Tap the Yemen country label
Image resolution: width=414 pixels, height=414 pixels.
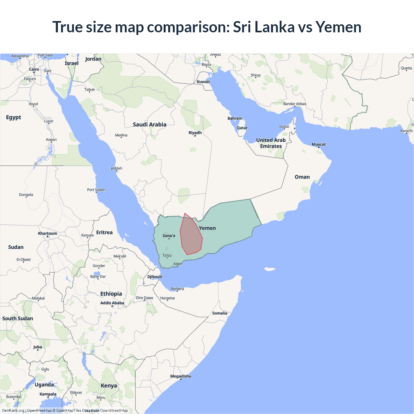point(207,228)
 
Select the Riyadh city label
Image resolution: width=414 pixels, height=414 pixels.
point(195,133)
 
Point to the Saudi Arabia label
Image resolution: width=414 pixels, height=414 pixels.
point(149,125)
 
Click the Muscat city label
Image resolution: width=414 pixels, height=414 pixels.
point(319,144)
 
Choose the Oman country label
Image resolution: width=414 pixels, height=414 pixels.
point(302,177)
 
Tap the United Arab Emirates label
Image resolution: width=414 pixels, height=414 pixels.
point(271,143)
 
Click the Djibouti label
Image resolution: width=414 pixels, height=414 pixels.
point(155,277)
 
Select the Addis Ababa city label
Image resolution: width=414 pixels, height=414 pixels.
point(112,303)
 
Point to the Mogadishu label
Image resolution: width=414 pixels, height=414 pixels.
point(181,376)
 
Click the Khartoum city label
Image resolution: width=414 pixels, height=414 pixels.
point(48,233)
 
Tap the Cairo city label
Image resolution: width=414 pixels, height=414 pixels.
point(34,69)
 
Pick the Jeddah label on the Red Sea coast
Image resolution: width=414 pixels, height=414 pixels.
point(116,168)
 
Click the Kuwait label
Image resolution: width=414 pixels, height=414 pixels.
point(203,82)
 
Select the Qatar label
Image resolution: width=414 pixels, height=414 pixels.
point(242,128)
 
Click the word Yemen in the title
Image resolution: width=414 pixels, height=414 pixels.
point(338,27)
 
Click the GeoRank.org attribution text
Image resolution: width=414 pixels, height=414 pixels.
point(13,410)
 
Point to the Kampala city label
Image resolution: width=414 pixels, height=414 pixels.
point(48,394)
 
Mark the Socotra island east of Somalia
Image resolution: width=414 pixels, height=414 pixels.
point(269,269)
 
